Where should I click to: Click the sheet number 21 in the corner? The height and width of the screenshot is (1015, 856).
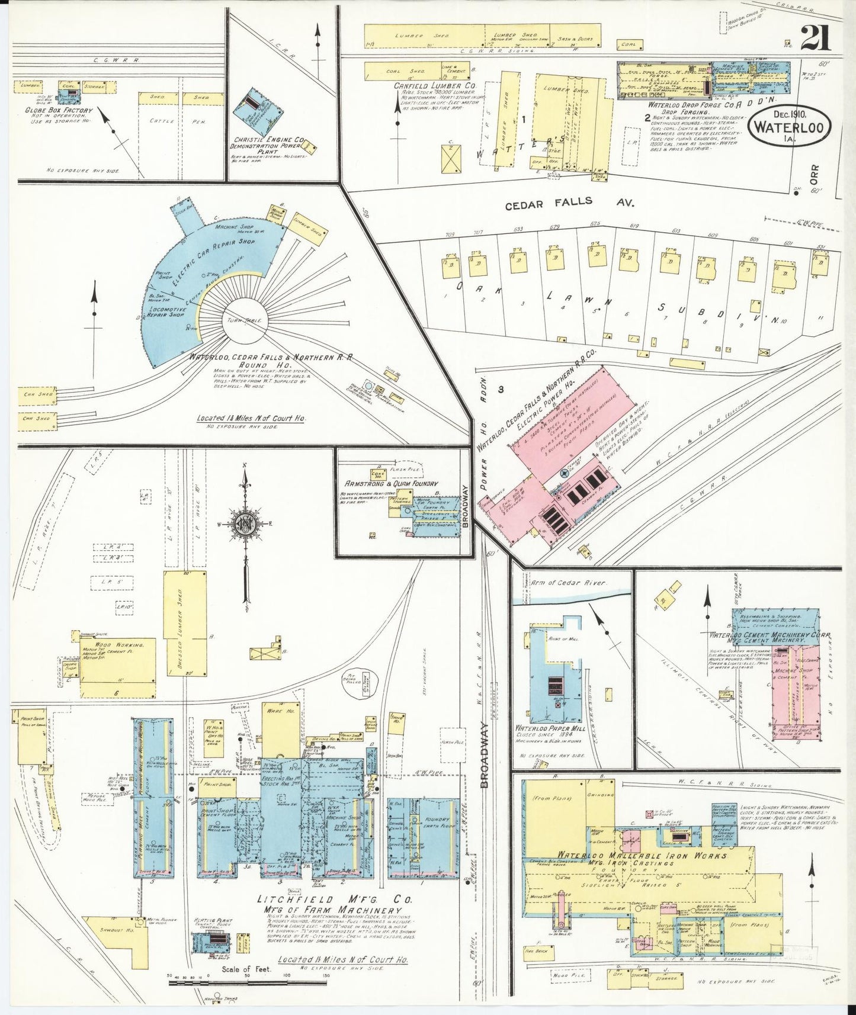pos(816,40)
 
